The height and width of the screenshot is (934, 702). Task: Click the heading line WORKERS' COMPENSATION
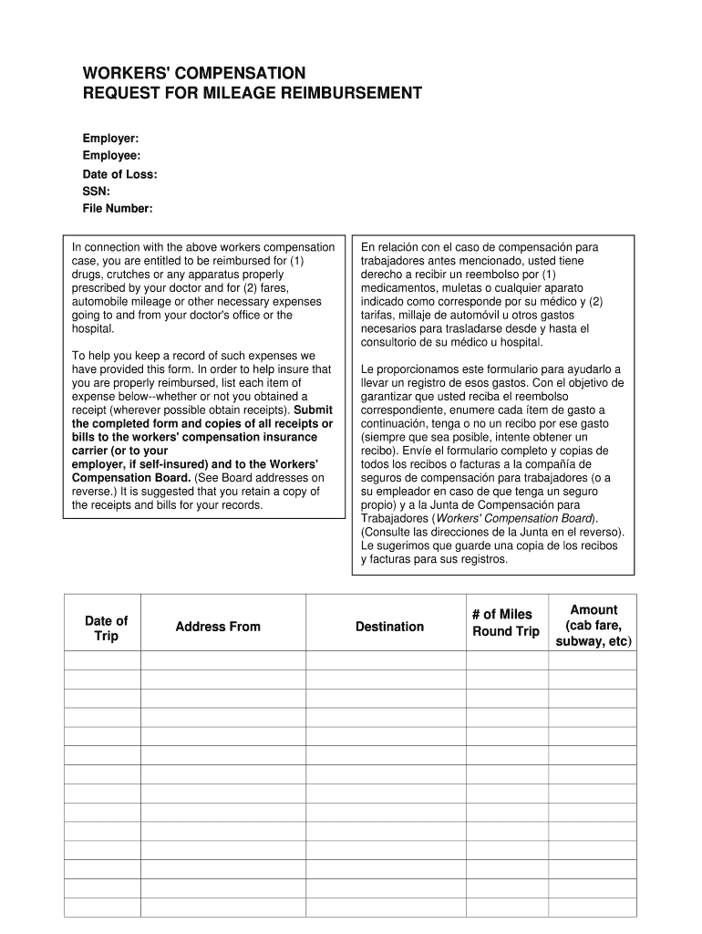tap(194, 73)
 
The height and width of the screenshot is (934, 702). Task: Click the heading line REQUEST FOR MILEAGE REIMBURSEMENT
tap(253, 93)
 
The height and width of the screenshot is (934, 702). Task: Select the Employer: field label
tap(111, 138)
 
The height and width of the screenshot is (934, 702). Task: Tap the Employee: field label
tap(112, 156)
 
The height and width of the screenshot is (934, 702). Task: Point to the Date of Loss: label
tap(120, 174)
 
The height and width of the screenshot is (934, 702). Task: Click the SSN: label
tap(97, 192)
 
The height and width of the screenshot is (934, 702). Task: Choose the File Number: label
tap(118, 209)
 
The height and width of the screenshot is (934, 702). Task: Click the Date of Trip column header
tap(106, 628)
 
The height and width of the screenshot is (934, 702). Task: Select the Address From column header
tap(218, 627)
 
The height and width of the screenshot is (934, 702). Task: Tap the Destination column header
tap(389, 627)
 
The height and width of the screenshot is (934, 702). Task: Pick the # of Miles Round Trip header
tap(505, 623)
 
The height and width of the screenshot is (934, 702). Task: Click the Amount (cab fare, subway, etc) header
tap(593, 625)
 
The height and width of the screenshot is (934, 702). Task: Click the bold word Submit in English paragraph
tap(313, 410)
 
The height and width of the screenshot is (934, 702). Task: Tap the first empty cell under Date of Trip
tap(102, 660)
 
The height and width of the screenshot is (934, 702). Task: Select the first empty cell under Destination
tap(386, 660)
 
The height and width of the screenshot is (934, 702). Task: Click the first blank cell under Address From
tap(222, 660)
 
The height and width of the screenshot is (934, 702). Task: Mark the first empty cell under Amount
tap(592, 660)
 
